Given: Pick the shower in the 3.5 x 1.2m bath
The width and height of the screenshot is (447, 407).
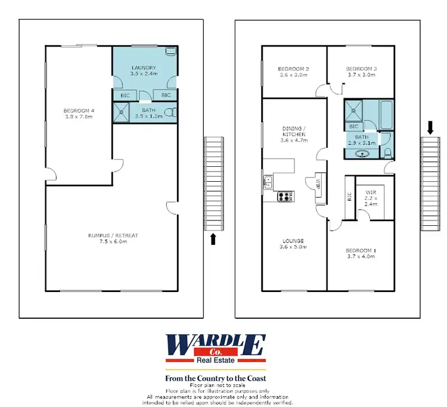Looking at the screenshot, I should [122, 111].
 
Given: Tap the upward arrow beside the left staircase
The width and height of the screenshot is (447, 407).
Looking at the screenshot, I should [213, 239].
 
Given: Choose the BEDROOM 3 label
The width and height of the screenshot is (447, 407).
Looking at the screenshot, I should [361, 69].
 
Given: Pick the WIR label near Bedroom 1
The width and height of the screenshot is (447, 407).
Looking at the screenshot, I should [371, 192].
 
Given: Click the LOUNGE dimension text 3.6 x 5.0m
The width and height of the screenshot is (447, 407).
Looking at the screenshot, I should [293, 247].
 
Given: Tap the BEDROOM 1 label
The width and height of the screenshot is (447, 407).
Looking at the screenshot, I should [361, 250].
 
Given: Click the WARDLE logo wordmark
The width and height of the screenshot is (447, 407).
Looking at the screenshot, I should [215, 345].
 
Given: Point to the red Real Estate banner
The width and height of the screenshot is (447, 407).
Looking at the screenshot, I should [215, 360].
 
